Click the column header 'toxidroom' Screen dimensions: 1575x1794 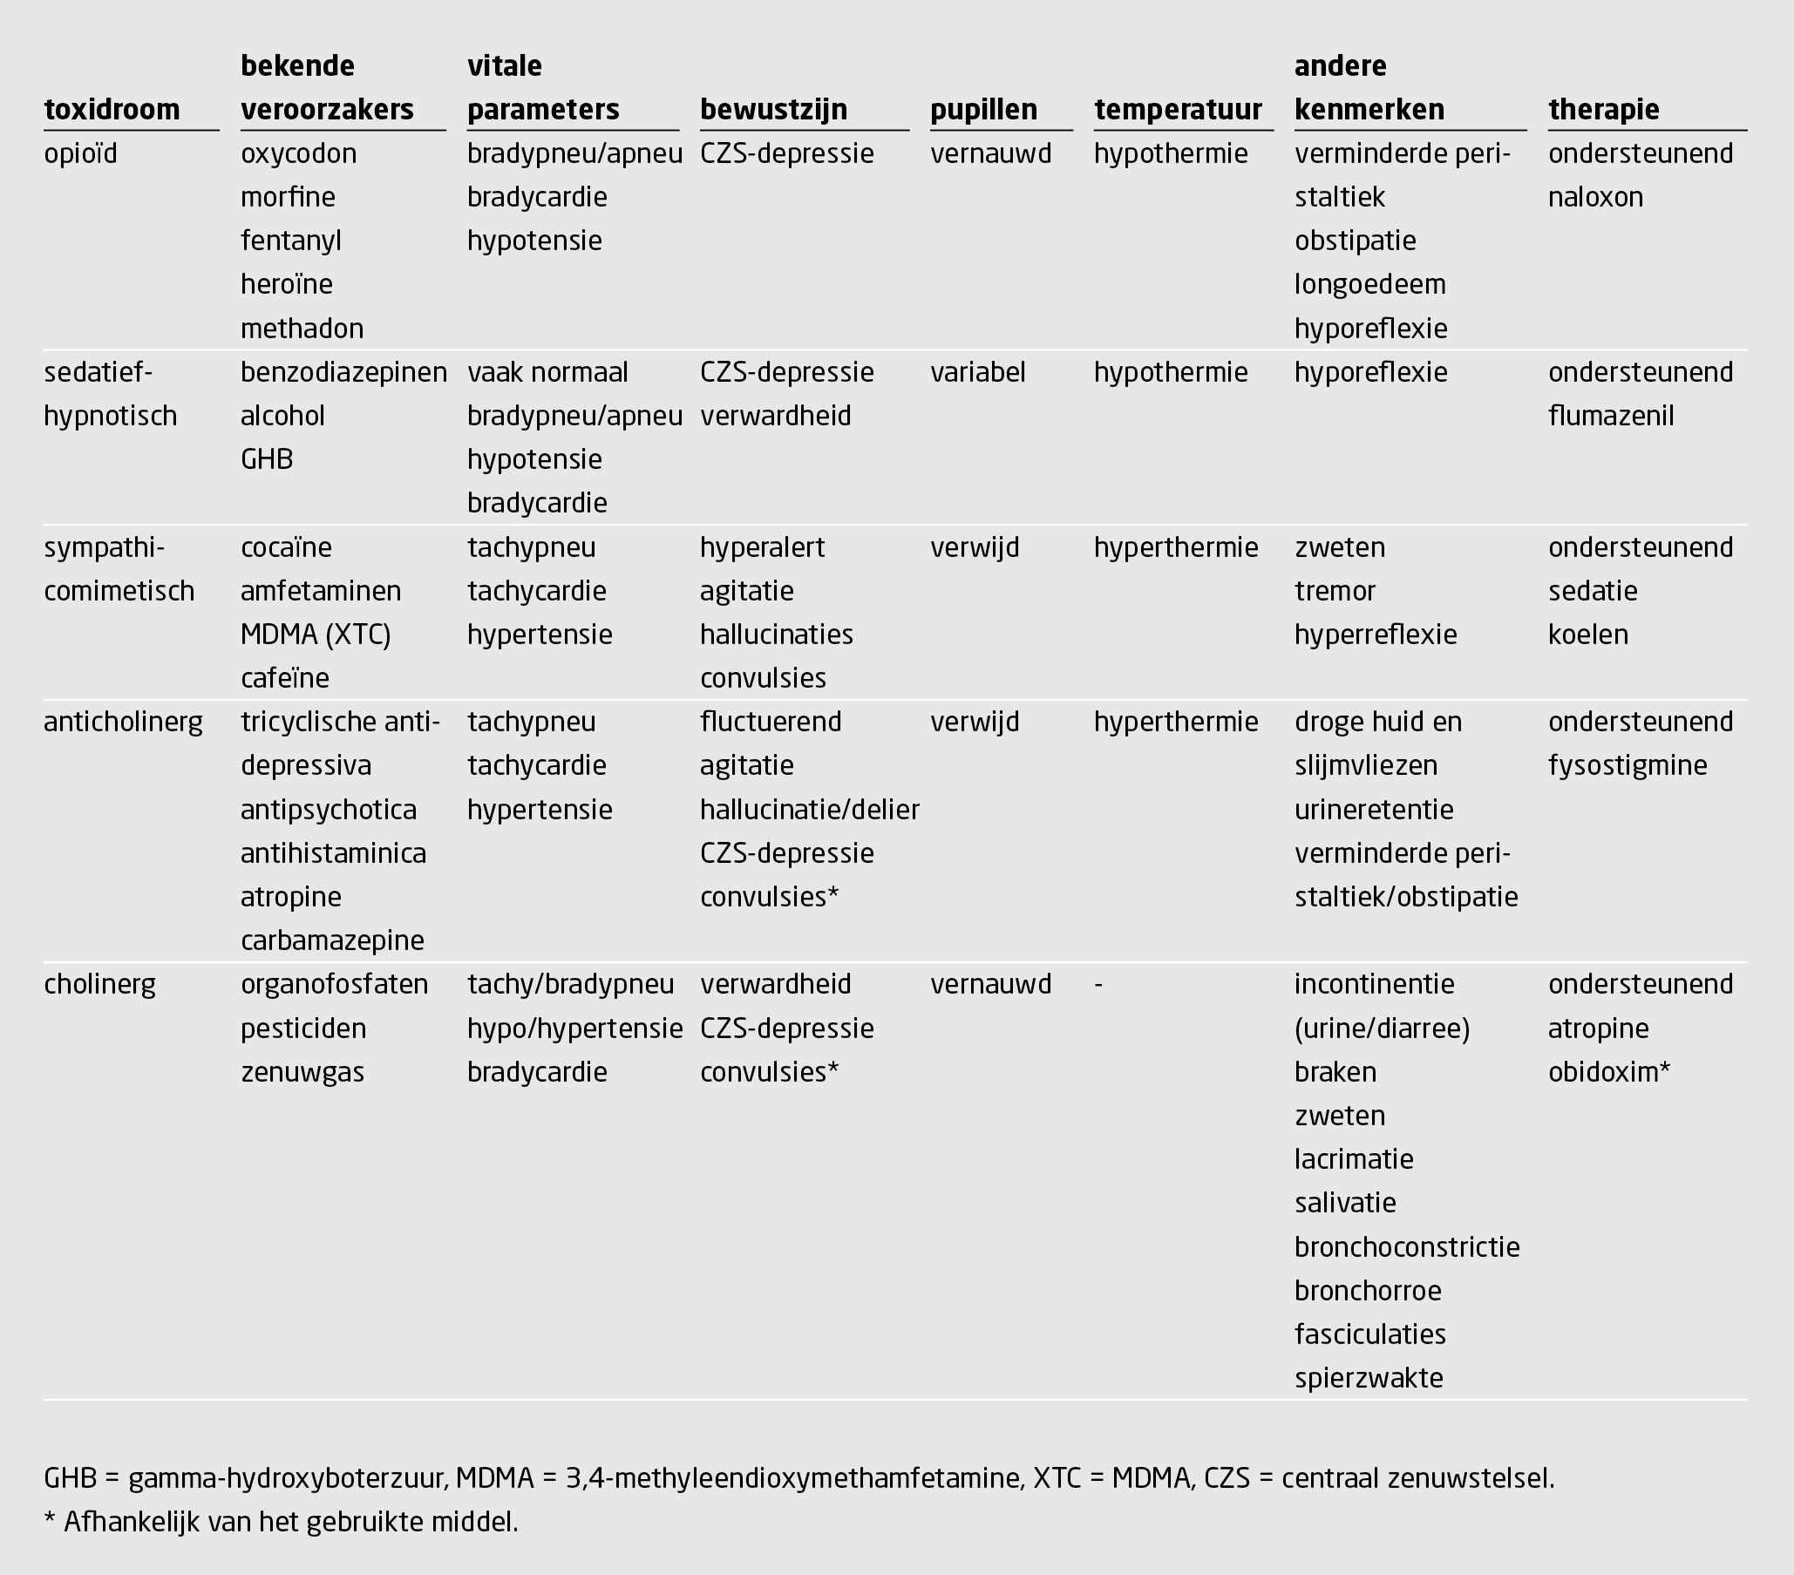[x=112, y=110]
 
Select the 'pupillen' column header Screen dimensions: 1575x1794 [x=983, y=110]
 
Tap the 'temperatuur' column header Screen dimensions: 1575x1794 [x=1177, y=110]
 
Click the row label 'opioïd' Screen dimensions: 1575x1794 [x=80, y=153]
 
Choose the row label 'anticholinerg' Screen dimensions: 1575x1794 [x=123, y=723]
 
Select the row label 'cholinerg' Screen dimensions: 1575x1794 [x=99, y=985]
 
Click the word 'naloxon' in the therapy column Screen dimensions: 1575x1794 [x=1594, y=198]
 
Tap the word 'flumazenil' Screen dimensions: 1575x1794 [x=1611, y=416]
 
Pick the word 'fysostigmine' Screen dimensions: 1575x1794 [x=1628, y=766]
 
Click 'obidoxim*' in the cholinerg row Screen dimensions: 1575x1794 [x=1609, y=1072]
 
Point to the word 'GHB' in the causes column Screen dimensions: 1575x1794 [x=267, y=460]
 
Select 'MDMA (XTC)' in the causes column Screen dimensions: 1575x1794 [x=315, y=635]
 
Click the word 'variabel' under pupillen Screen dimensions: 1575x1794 [x=978, y=372]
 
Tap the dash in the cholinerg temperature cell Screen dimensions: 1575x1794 [x=1099, y=985]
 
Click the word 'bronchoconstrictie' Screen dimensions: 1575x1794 [x=1406, y=1246]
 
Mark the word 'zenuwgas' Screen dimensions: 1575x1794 [x=302, y=1072]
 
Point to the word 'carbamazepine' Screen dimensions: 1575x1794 [x=332, y=940]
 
